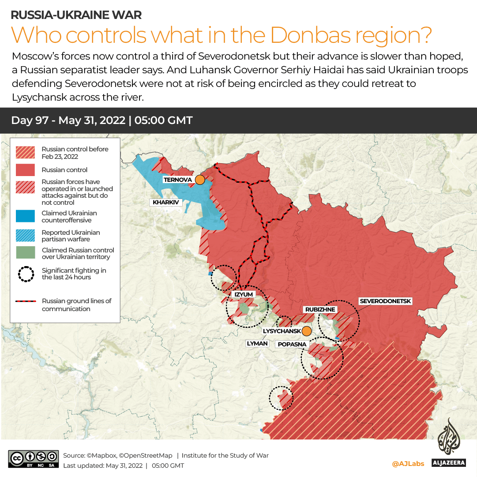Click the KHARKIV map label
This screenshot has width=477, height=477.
pyautogui.click(x=165, y=203)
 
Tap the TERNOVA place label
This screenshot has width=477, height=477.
pyautogui.click(x=177, y=180)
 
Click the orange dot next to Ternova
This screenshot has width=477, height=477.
pyautogui.click(x=200, y=180)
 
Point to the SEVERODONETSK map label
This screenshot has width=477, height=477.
pyautogui.click(x=385, y=301)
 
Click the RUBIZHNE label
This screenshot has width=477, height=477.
pyautogui.click(x=320, y=309)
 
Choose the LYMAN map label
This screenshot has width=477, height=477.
pyautogui.click(x=258, y=343)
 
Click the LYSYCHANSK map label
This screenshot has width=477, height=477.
pyautogui.click(x=282, y=331)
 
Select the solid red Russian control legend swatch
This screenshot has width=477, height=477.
pyautogui.click(x=25, y=170)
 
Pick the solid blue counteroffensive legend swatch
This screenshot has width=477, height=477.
pyautogui.click(x=25, y=216)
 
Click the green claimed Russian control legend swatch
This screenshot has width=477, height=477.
pyautogui.click(x=25, y=253)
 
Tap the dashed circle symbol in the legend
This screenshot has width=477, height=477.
pyautogui.click(x=26, y=274)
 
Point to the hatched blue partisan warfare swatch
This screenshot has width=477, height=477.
pyautogui.click(x=25, y=236)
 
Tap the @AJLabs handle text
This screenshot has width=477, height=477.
pyautogui.click(x=408, y=464)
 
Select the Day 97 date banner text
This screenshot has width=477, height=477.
pyautogui.click(x=102, y=120)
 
